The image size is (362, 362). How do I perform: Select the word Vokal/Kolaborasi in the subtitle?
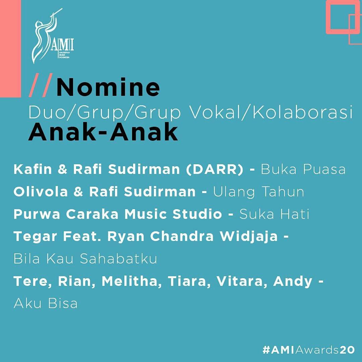click(x=271, y=113)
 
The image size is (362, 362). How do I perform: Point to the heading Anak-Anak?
click(x=103, y=132)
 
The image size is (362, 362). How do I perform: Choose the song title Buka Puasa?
click(x=303, y=170)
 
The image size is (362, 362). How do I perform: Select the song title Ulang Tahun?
click(x=259, y=192)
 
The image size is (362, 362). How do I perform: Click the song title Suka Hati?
click(x=274, y=214)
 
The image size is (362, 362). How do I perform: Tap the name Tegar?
click(x=35, y=237)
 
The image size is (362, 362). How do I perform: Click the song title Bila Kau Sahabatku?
click(x=85, y=259)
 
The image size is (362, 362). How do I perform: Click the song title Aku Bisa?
click(x=46, y=303)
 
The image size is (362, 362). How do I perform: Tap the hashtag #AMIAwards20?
click(x=309, y=350)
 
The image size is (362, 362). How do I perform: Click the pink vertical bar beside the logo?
click(x=10, y=49)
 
